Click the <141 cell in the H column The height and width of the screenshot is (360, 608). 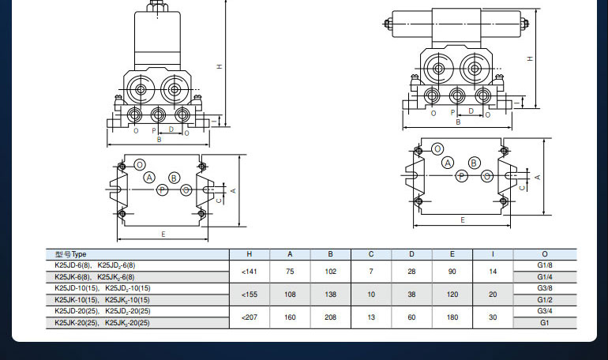(250, 272)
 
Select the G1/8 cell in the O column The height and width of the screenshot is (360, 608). (544, 265)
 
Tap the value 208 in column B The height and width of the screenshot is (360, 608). (330, 317)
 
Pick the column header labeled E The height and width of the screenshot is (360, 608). (452, 254)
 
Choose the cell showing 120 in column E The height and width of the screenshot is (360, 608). (452, 294)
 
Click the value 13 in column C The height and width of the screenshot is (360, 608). (371, 317)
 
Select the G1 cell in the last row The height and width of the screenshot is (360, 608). (544, 323)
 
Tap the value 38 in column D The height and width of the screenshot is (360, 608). (411, 294)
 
